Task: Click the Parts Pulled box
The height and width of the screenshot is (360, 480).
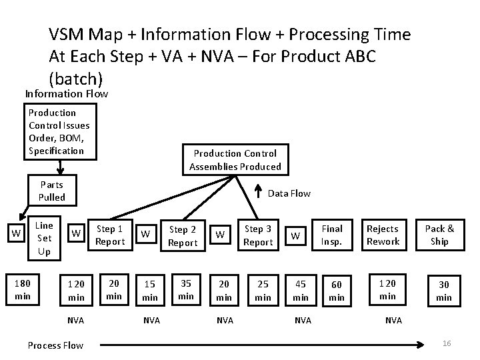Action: tap(51, 191)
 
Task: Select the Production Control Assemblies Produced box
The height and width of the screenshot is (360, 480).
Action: tap(235, 160)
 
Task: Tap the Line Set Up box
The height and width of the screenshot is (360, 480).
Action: tap(44, 238)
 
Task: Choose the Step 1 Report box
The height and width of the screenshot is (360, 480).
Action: tap(110, 235)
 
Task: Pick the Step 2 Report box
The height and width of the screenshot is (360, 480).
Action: tap(183, 237)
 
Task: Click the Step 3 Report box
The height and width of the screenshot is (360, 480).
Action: tap(258, 235)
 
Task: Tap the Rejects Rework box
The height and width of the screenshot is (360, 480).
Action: tap(383, 235)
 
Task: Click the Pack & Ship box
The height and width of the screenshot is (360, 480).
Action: tap(439, 235)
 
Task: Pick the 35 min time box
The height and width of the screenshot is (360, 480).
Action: tap(186, 289)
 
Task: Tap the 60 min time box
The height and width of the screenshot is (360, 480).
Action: tap(337, 291)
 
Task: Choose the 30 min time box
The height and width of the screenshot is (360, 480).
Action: tap(443, 291)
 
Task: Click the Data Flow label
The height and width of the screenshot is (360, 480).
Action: tap(289, 193)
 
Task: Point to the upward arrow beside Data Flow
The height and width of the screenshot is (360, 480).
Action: tap(258, 193)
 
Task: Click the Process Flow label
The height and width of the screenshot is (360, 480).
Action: tap(55, 345)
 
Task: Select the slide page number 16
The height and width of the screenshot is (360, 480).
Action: tap(447, 343)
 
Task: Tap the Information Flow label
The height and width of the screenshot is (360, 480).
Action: tap(67, 93)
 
